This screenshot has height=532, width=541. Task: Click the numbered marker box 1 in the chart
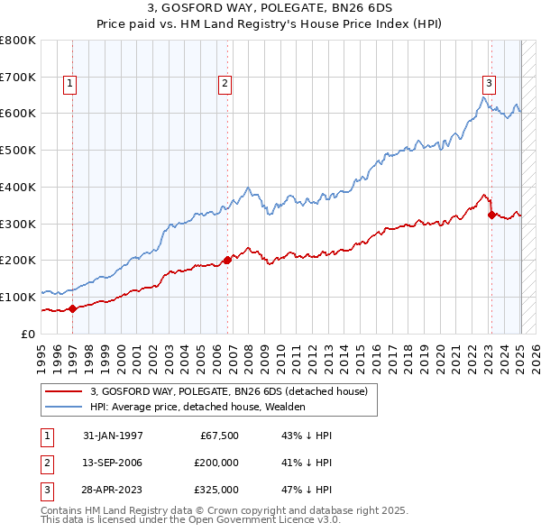pyautogui.click(x=69, y=84)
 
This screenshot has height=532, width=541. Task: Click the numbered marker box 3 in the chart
pyautogui.click(x=489, y=84)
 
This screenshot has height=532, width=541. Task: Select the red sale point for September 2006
pyautogui.click(x=227, y=260)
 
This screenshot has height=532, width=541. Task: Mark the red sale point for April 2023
pyautogui.click(x=491, y=215)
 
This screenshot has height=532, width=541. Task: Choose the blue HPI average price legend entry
pyautogui.click(x=197, y=408)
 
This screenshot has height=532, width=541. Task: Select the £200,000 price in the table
pyautogui.click(x=215, y=463)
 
